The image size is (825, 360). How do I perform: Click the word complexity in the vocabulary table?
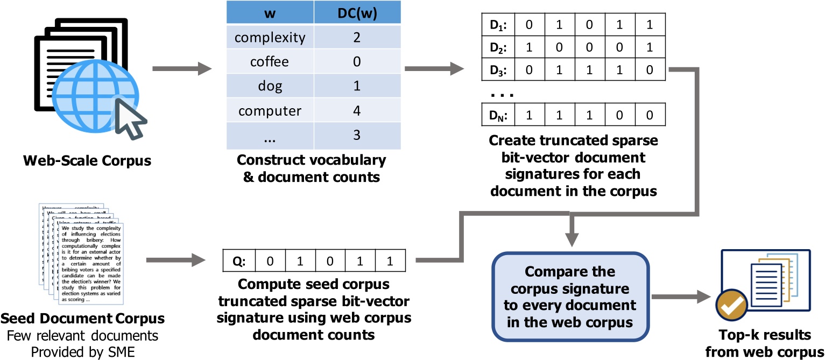coord(270,38)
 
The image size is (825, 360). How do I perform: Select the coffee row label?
coord(270,62)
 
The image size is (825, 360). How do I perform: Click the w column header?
coord(270,12)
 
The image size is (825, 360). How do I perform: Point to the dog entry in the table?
coord(270,86)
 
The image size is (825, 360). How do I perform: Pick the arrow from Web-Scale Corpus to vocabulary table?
coord(180,69)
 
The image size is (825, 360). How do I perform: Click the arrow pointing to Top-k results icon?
coord(681,295)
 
